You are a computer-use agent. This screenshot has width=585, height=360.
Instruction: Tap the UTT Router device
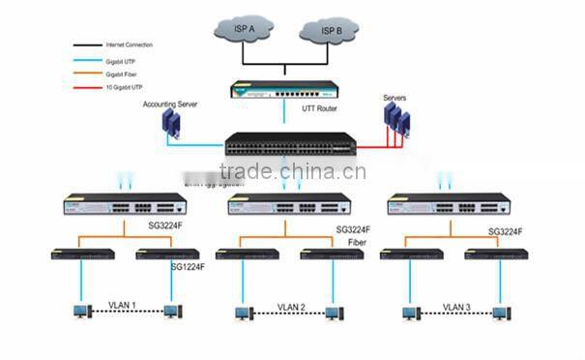[284, 92]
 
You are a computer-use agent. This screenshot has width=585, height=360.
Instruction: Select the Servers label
[395, 99]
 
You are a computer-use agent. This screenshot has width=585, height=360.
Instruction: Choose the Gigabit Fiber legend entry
[121, 73]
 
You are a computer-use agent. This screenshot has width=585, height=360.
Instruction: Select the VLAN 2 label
[290, 307]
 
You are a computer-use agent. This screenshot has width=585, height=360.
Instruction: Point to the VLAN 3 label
[456, 307]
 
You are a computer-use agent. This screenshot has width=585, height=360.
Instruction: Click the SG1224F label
[190, 267]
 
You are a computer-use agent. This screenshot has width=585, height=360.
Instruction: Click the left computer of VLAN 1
[82, 312]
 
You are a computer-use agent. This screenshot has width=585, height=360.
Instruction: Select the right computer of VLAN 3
[500, 312]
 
